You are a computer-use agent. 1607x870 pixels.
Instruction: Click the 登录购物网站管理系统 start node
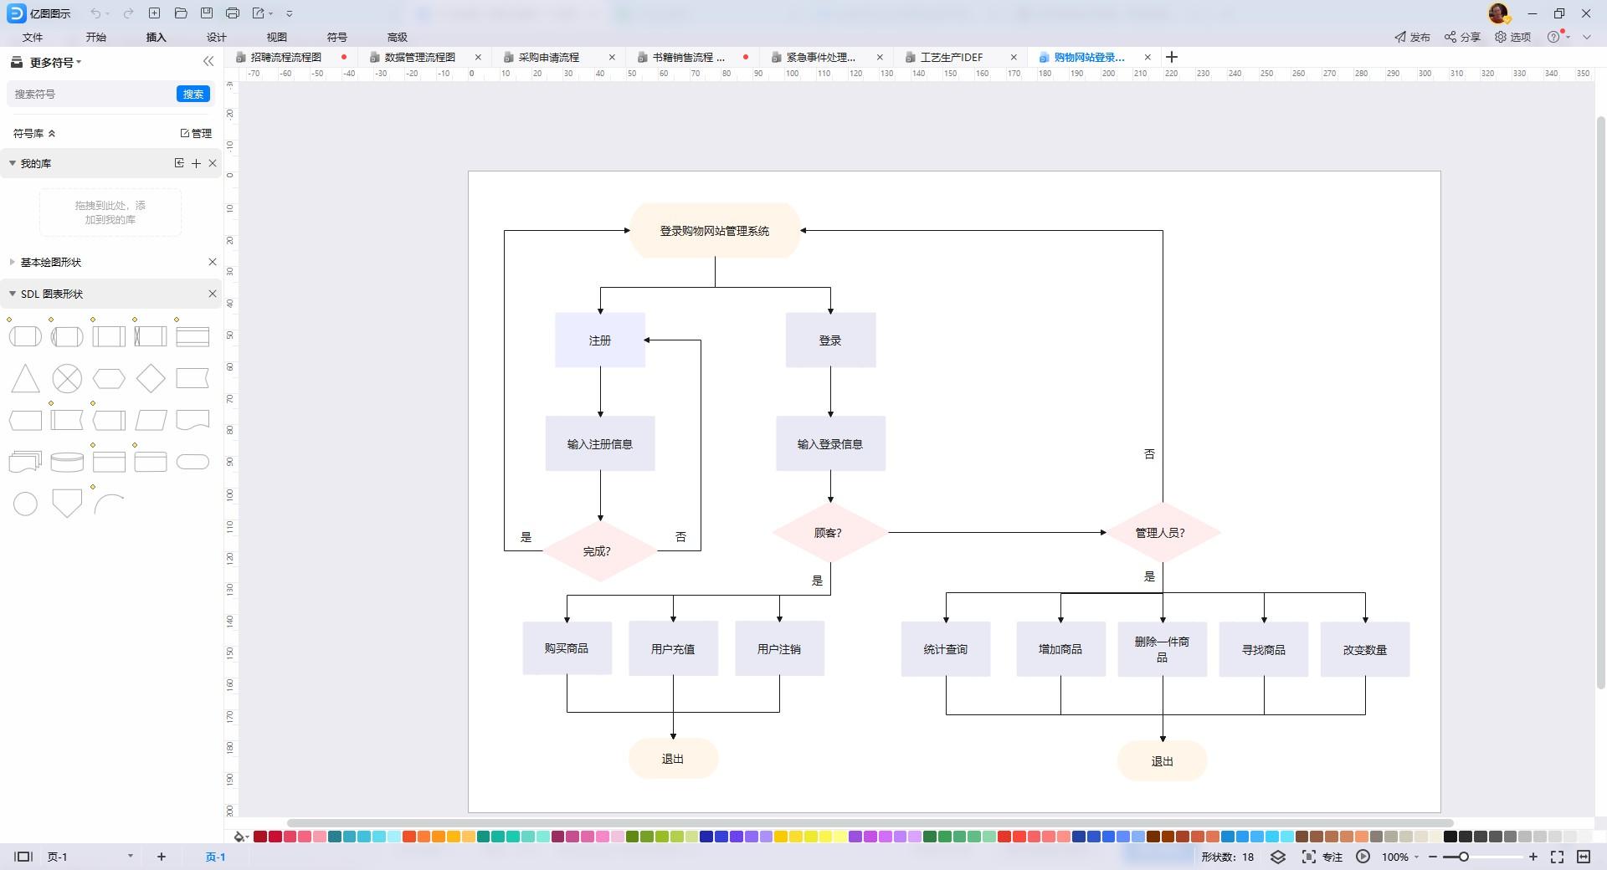point(715,230)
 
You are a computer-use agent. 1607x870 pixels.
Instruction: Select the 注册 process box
point(600,340)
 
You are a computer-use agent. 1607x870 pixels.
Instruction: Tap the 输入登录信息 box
point(830,443)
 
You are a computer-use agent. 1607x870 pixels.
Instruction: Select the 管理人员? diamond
point(1163,532)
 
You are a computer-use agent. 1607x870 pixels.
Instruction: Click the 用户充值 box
point(673,648)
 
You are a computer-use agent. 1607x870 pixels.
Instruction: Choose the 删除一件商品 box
point(1163,649)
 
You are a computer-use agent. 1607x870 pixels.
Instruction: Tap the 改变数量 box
point(1365,649)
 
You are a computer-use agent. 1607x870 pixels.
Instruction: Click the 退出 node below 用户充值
point(673,759)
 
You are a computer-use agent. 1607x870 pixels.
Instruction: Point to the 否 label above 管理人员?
point(1149,453)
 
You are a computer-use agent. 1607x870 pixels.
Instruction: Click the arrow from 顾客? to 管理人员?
point(997,532)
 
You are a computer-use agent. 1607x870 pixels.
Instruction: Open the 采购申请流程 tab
point(549,57)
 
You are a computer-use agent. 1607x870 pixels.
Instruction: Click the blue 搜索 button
point(193,94)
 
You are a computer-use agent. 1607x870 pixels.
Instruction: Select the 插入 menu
point(156,37)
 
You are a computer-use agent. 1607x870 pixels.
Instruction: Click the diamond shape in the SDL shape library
point(151,378)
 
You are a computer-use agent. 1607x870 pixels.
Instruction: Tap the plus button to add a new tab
point(1172,57)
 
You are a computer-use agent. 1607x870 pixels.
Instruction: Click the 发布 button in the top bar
point(1412,37)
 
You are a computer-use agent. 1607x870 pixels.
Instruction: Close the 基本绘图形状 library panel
point(213,262)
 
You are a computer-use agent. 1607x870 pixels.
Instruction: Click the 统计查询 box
point(946,649)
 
